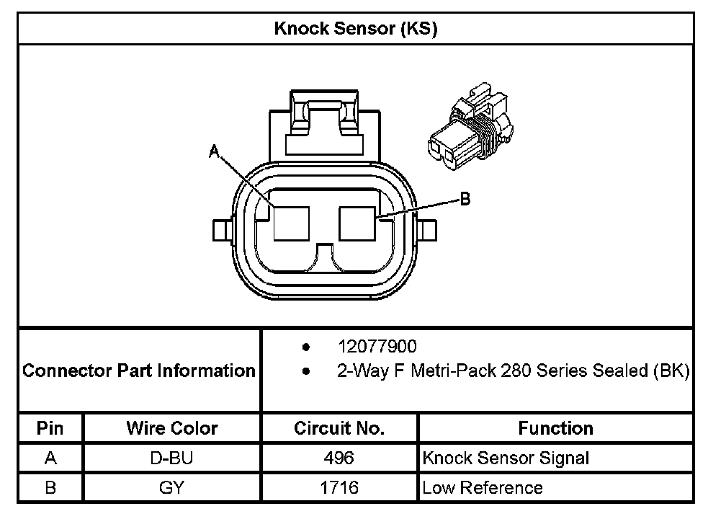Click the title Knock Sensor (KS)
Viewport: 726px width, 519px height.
pyautogui.click(x=355, y=29)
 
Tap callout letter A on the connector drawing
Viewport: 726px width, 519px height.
pyautogui.click(x=214, y=151)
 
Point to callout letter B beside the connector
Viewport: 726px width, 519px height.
pyautogui.click(x=465, y=199)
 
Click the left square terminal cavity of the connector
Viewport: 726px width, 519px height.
pyautogui.click(x=291, y=223)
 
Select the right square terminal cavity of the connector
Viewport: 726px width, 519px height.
pyautogui.click(x=357, y=223)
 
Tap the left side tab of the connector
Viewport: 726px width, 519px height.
pyautogui.click(x=222, y=231)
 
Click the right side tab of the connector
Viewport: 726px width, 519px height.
pyautogui.click(x=427, y=231)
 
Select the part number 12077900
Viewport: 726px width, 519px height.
pyautogui.click(x=377, y=347)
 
